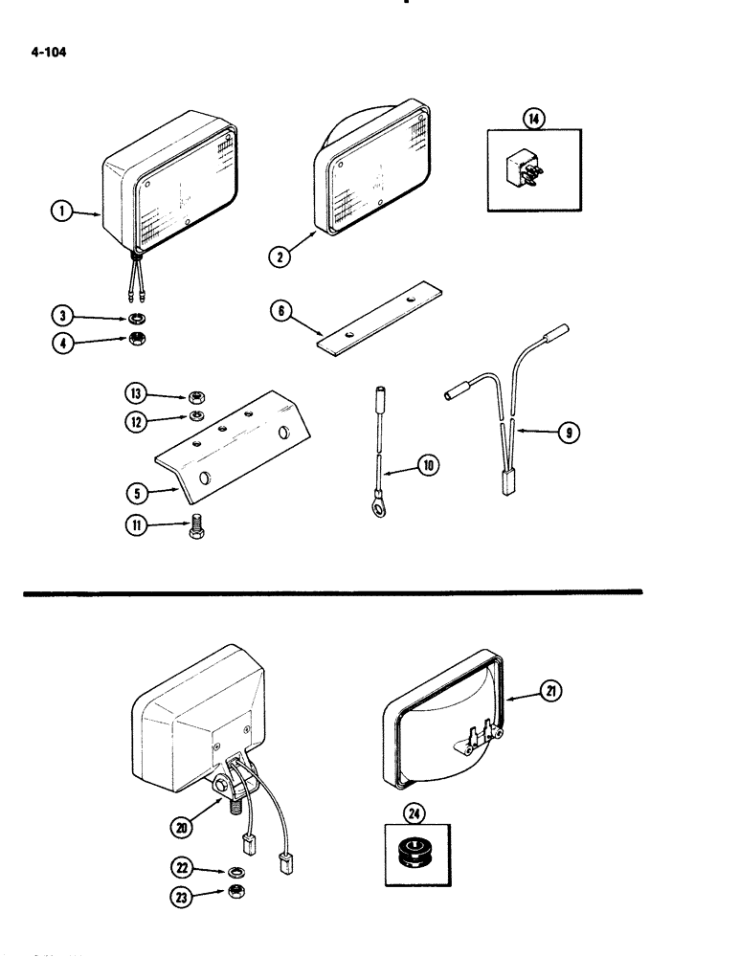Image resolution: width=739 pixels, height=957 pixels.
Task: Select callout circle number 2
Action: tap(279, 255)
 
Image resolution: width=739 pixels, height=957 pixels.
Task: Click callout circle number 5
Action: tap(139, 495)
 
